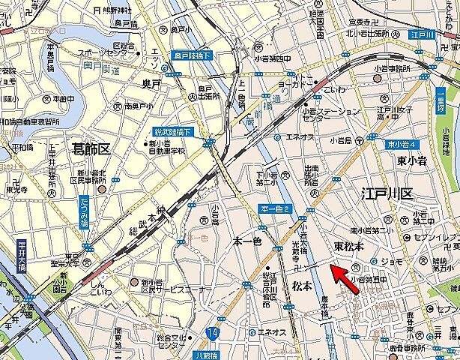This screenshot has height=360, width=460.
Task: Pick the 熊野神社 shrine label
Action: tap(114, 10)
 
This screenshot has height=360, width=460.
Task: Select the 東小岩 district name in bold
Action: tap(411, 160)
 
